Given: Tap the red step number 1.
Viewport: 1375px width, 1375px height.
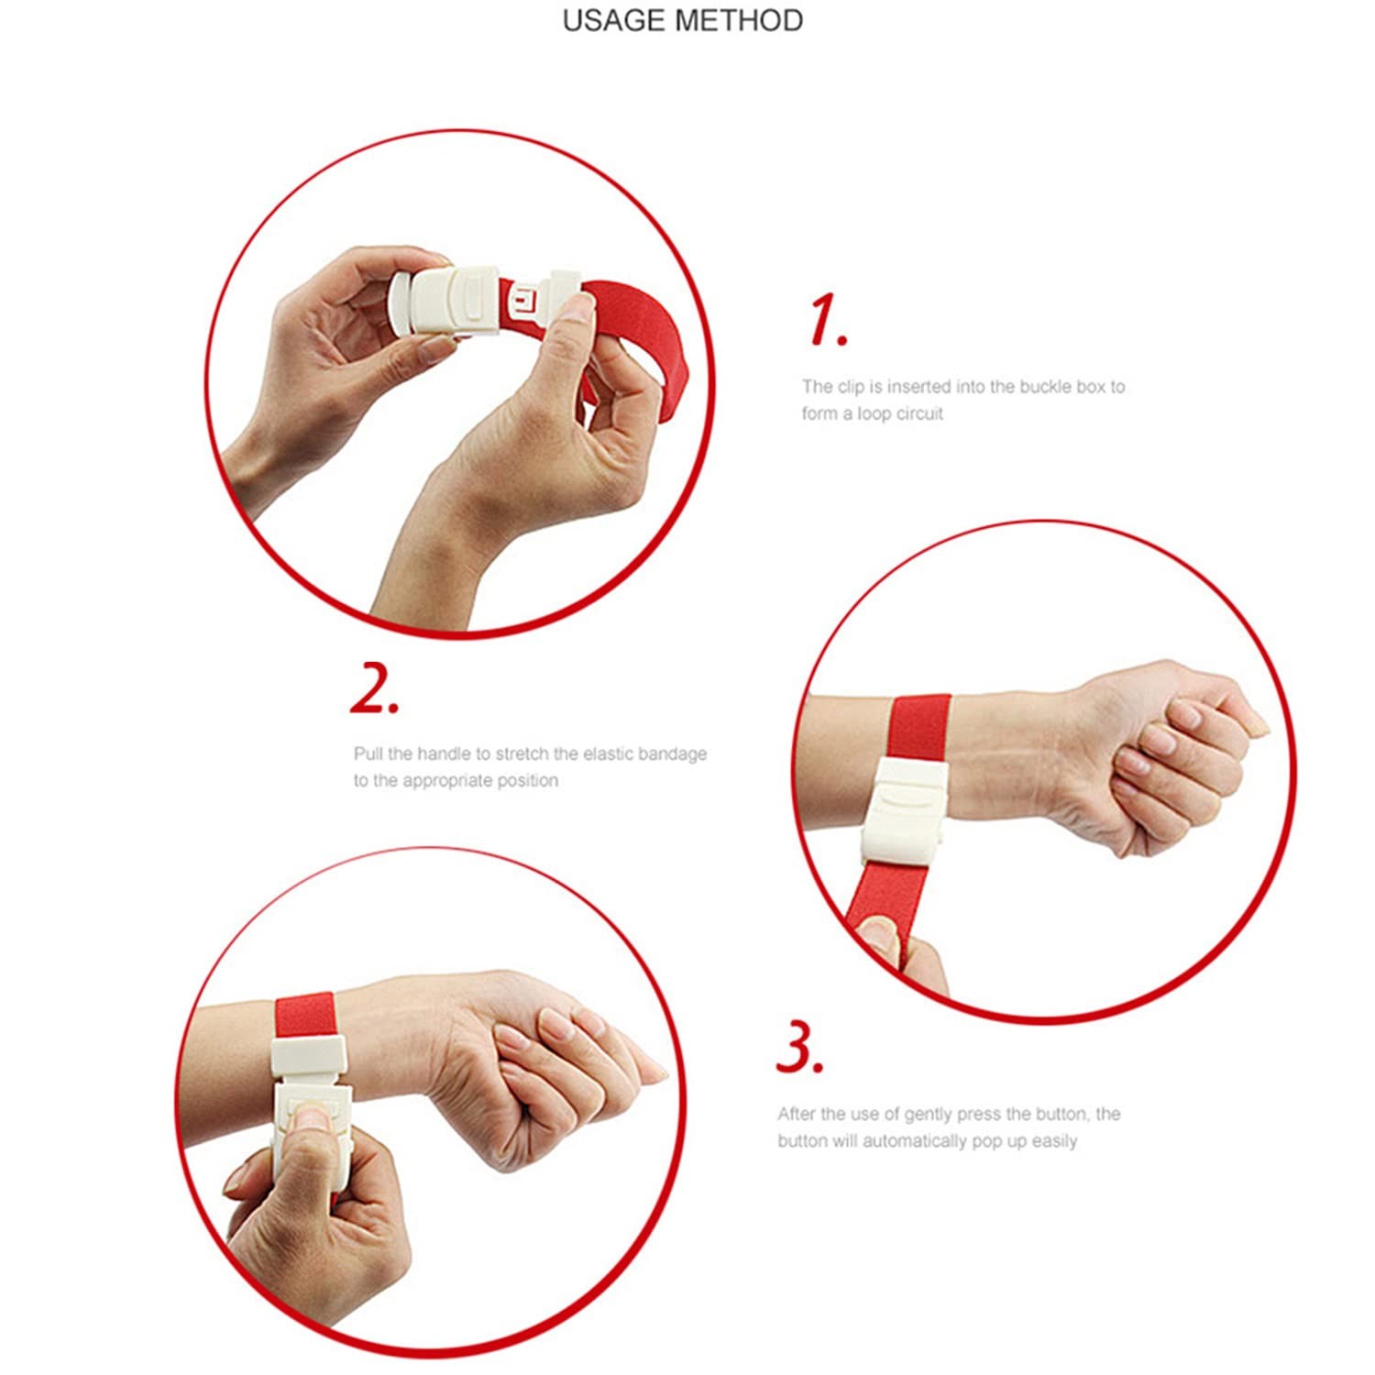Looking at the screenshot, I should pos(828,321).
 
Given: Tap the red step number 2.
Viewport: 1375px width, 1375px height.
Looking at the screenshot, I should pos(375,690).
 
